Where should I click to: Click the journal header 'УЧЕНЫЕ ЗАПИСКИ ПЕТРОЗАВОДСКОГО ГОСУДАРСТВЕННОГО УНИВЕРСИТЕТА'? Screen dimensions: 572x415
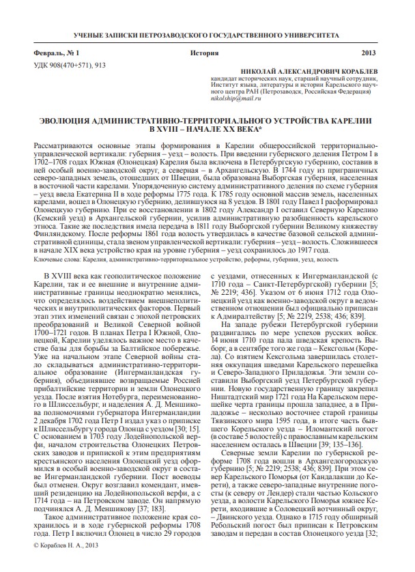tap(207, 33)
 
